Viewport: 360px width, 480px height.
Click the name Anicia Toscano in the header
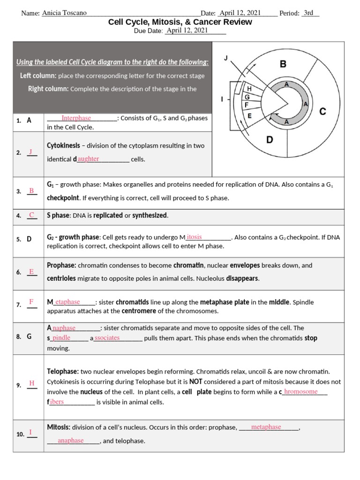pos(64,13)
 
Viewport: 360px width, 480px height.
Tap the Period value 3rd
pos(308,13)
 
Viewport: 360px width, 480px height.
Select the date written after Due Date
pos(186,30)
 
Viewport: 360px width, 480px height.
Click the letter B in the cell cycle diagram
pos(283,64)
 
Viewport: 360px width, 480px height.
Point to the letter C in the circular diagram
pos(322,111)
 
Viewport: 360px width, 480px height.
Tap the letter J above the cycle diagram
pos(226,58)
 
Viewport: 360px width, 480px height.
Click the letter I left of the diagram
pos(222,99)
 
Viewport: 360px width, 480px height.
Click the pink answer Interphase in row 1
pos(76,118)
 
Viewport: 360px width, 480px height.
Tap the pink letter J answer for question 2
pos(31,152)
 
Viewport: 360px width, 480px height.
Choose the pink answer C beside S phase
pos(31,215)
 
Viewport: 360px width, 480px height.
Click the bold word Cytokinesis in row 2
pos(63,146)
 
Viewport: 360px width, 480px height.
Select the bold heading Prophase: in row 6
pos(61,265)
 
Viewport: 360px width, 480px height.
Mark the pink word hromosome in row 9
pos(301,391)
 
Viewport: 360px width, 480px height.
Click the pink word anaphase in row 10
pos(70,440)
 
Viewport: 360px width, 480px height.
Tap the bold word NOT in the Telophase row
pos(195,382)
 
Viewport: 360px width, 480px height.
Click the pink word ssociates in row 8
pos(107,337)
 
